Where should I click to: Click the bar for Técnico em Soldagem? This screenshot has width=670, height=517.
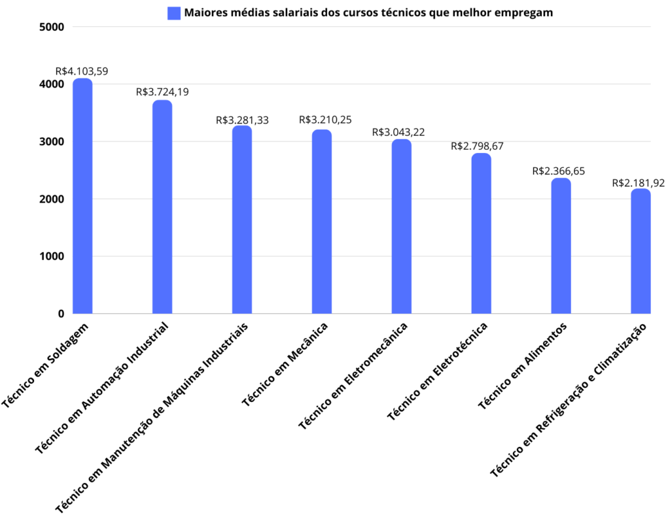(x=82, y=196)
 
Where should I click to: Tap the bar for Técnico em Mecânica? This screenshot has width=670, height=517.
(x=322, y=222)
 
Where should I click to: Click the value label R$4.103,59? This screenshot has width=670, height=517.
(x=82, y=71)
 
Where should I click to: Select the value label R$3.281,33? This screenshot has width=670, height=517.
(x=242, y=120)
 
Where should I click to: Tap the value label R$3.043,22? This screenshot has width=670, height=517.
(x=398, y=132)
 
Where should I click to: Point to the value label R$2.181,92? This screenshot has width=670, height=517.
(x=639, y=183)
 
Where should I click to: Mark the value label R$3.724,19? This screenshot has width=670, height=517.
(x=162, y=92)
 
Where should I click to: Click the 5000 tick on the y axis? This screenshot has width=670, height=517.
(x=52, y=27)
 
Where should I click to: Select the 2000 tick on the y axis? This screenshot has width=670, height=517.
(x=52, y=199)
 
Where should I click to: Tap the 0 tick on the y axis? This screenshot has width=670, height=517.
(x=60, y=314)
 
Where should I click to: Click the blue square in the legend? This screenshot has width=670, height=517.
(x=174, y=13)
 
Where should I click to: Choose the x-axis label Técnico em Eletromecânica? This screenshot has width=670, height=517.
(x=353, y=375)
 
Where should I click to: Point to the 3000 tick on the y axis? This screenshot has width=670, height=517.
(x=52, y=141)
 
